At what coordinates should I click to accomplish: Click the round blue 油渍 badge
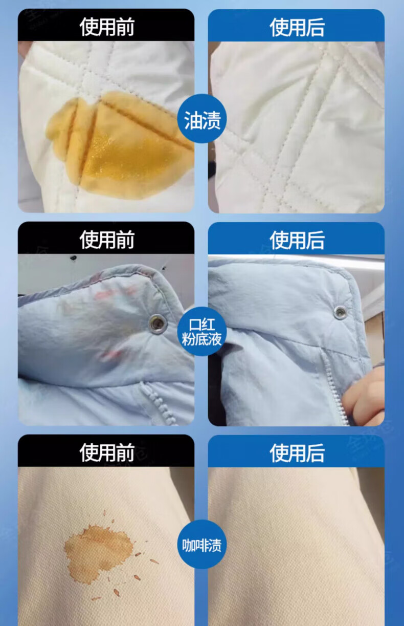click(202, 119)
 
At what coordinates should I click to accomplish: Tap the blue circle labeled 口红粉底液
click(202, 332)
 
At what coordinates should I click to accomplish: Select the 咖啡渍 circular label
click(202, 545)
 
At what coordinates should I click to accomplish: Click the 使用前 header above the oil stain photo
click(106, 27)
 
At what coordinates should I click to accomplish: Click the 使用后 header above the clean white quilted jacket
click(297, 27)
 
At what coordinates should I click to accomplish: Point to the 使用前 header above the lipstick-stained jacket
click(106, 240)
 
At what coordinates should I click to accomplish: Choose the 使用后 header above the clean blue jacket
click(297, 240)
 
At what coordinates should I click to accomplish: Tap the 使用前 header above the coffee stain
click(106, 452)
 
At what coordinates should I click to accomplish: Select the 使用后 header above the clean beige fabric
click(297, 452)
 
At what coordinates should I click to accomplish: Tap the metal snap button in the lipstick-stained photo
click(158, 323)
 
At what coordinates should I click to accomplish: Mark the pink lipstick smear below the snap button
click(111, 355)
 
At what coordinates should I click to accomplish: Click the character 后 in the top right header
click(316, 27)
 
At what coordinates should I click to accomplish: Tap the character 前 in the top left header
click(125, 27)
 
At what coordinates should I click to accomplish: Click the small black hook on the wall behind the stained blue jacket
click(73, 257)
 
